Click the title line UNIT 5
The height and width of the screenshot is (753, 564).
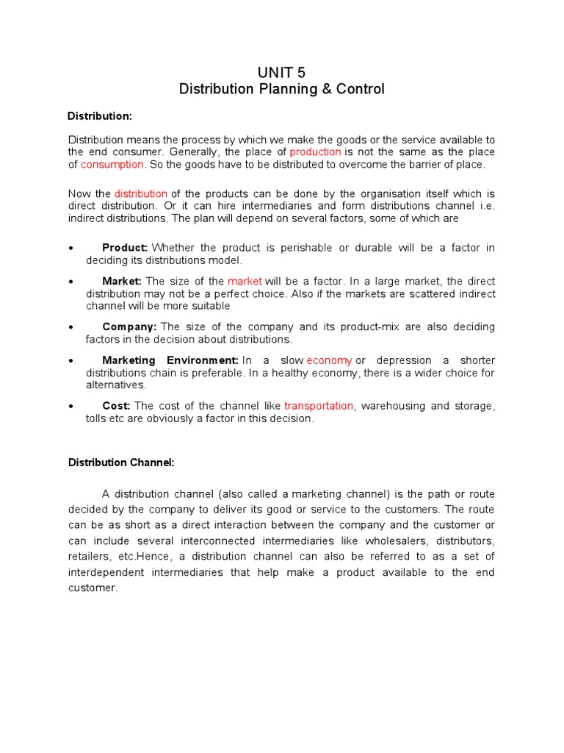tap(281, 72)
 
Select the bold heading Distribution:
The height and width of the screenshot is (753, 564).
tap(100, 116)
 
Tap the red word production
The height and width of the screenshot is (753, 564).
tap(315, 152)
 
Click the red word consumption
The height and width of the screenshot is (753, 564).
tap(112, 165)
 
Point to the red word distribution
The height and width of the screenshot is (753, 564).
tap(141, 193)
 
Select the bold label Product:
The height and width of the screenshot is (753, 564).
tap(125, 248)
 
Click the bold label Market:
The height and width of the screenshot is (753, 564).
tap(123, 282)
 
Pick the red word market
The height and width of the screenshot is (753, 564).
tap(245, 282)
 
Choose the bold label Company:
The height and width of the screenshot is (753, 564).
tap(129, 326)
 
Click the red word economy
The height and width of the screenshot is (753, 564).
tap(329, 360)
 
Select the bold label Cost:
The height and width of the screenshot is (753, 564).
tap(117, 406)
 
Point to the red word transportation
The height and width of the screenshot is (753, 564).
tap(319, 406)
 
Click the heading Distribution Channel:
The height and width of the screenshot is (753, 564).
tap(121, 463)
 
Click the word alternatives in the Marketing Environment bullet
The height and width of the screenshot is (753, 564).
tap(116, 385)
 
